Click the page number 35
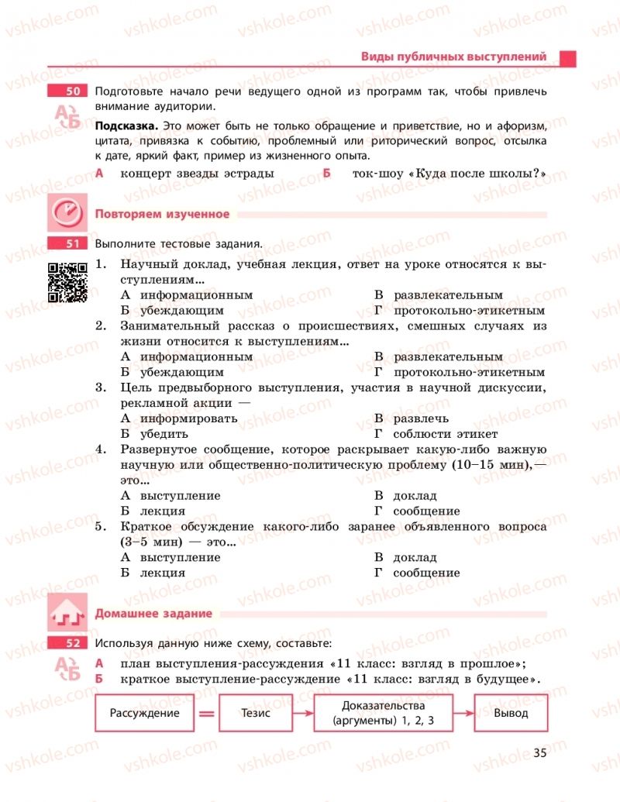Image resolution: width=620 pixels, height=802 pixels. tap(540, 752)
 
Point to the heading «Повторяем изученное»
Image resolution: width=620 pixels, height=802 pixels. tap(161, 214)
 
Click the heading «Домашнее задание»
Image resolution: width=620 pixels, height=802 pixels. tap(153, 614)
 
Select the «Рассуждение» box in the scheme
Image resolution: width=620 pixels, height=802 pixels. tap(144, 713)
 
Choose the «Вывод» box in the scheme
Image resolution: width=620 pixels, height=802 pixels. tap(511, 713)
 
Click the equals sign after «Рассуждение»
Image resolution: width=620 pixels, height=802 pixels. tap(206, 714)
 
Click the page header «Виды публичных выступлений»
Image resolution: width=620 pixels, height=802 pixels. tap(453, 57)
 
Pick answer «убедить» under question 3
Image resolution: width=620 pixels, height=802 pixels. tap(164, 434)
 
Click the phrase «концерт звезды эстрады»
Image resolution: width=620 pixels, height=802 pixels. tap(197, 174)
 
